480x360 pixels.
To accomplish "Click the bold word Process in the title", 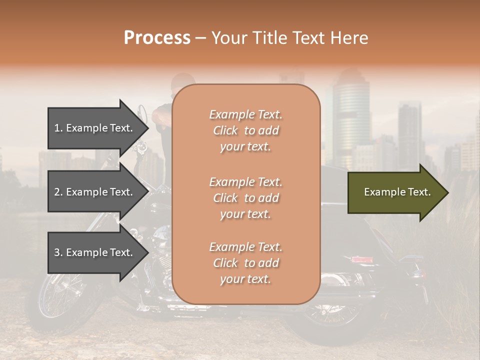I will coord(157,38).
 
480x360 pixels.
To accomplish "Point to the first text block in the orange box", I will coord(245,130).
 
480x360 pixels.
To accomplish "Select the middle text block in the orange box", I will coord(245,198).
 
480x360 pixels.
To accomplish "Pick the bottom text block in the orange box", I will coord(245,263).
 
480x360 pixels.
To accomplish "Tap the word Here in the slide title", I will coord(349,38).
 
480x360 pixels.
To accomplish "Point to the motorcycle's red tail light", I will coord(361,259).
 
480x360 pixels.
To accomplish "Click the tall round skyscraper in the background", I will coord(351,120).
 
